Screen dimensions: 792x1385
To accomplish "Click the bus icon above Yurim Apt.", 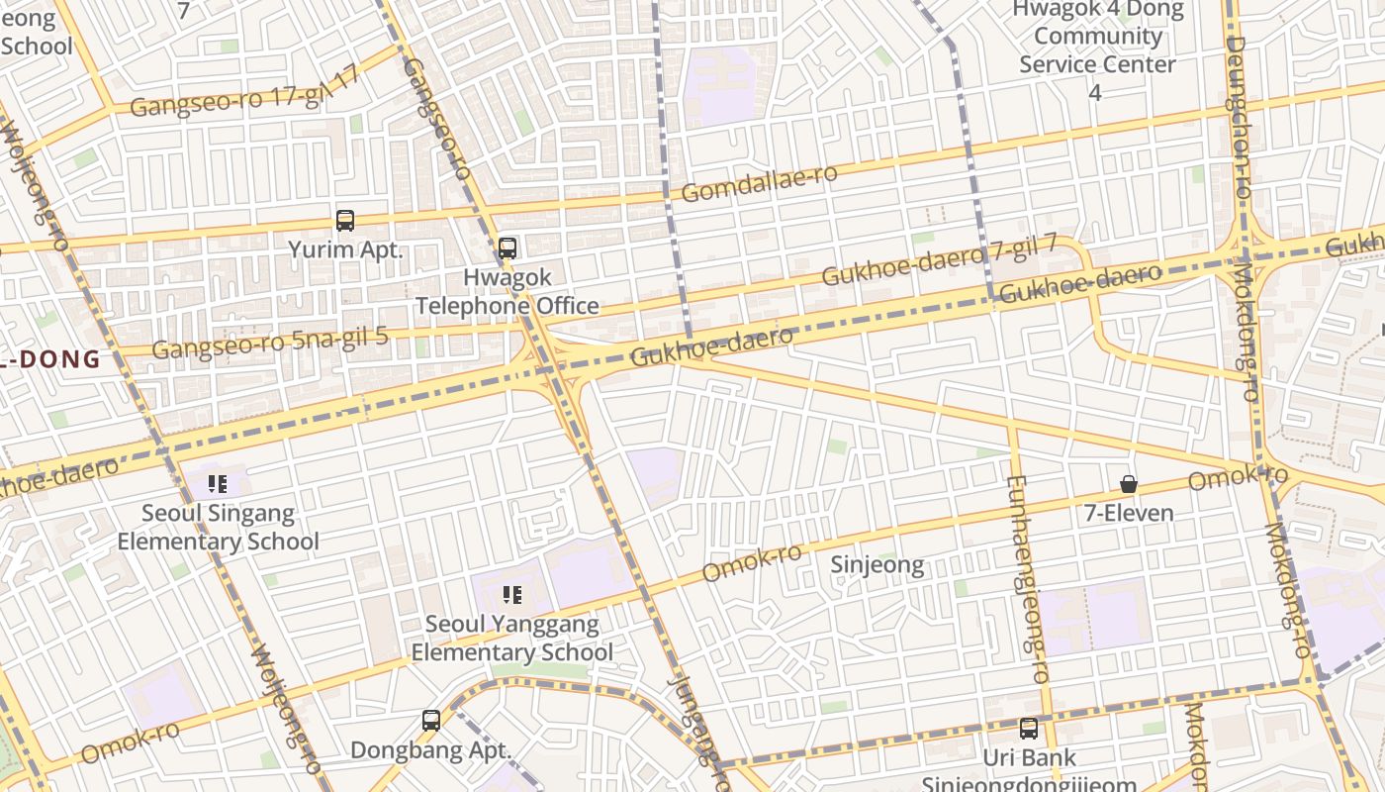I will tap(345, 221).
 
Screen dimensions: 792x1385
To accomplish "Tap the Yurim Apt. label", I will tap(345, 249).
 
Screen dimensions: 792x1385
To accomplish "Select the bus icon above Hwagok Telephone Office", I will tap(508, 248).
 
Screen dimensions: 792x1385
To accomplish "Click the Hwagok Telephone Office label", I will tap(508, 292).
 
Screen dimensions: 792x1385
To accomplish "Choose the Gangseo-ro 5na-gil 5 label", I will tap(269, 343).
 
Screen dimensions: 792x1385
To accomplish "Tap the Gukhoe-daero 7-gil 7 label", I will tap(939, 259).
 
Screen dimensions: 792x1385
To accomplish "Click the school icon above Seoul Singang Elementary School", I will tap(219, 484).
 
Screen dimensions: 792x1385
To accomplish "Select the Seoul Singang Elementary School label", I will tap(219, 528).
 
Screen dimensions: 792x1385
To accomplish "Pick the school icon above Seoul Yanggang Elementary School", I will tap(512, 595).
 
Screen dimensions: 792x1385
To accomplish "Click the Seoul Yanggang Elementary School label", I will tap(512, 639).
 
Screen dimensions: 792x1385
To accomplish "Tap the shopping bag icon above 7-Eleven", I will tap(1129, 484).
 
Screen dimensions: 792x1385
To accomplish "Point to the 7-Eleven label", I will tap(1129, 513).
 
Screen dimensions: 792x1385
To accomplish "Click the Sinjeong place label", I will tap(877, 565).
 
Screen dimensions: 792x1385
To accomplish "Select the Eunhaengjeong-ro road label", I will tap(1026, 579).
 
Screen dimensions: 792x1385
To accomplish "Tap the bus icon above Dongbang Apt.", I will tap(431, 721).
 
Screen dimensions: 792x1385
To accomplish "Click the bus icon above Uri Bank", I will tap(1029, 729).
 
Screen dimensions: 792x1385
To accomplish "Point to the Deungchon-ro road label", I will tap(1239, 109).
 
